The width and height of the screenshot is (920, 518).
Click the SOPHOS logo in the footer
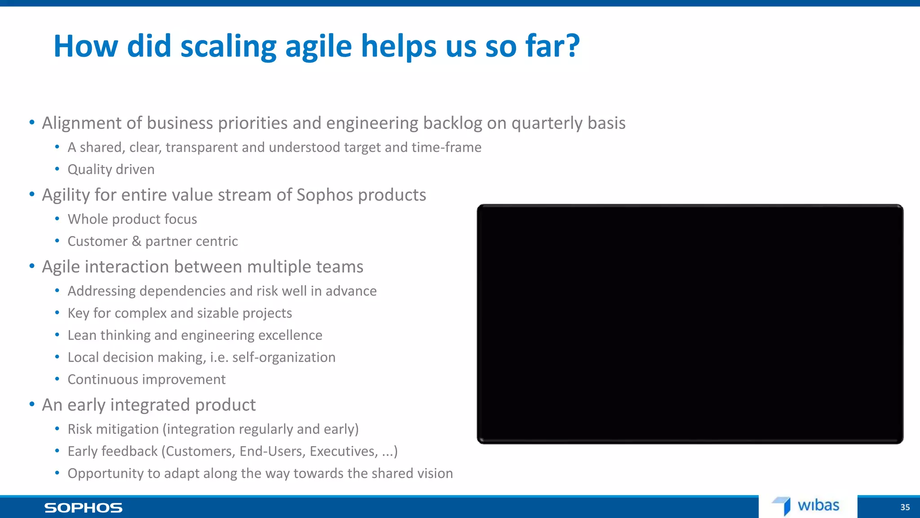point(83,508)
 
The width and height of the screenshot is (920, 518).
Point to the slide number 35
point(905,507)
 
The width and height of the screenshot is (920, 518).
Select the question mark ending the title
point(572,46)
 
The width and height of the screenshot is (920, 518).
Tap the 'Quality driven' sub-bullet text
point(111,170)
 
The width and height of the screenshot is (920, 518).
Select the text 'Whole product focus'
point(132,219)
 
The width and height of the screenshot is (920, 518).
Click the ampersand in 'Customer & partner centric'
point(136,241)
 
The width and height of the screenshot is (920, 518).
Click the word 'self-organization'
point(283,357)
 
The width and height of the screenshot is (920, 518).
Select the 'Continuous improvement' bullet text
point(146,380)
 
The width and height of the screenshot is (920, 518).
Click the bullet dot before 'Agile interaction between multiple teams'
point(32,267)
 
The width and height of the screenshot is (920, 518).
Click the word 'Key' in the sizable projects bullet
point(78,313)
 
